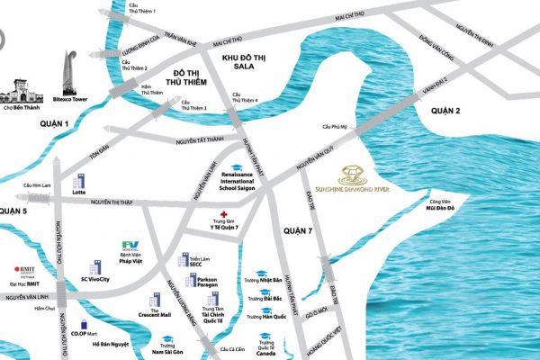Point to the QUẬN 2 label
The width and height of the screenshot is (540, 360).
click(x=445, y=110)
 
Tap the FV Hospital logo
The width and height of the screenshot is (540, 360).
click(x=132, y=246)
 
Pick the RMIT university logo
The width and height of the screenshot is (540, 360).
click(x=20, y=271)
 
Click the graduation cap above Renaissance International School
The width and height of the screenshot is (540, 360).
click(x=237, y=167)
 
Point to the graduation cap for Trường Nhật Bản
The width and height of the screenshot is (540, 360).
click(x=258, y=272)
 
